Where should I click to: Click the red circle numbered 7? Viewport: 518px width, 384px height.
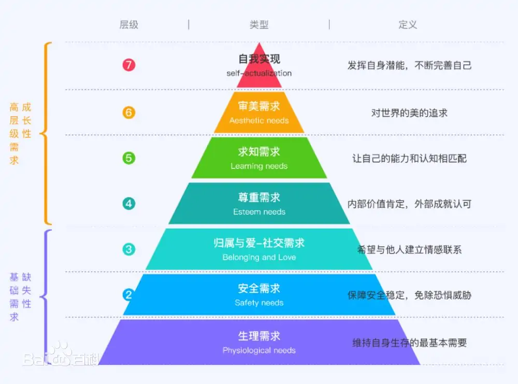(129, 65)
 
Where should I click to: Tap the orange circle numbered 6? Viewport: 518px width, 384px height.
(129, 112)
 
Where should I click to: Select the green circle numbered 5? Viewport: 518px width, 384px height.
(129, 158)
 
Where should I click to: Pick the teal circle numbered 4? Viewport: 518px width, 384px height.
(129, 204)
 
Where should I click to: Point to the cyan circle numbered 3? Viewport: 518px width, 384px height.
(129, 249)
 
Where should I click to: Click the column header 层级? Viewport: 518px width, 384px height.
(129, 24)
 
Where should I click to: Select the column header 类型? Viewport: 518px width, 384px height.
(259, 24)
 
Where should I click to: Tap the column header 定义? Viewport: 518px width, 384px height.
(408, 24)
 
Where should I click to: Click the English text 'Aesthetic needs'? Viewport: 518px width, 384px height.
(259, 121)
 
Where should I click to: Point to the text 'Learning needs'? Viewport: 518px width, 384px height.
(259, 166)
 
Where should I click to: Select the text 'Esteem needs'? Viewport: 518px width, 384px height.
(260, 212)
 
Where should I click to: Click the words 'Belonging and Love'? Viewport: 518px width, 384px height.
(260, 258)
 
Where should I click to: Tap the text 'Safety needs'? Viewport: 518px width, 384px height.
(260, 303)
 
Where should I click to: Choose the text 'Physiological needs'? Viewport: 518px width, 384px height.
(260, 350)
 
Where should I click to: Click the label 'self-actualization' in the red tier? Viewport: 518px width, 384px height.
(260, 74)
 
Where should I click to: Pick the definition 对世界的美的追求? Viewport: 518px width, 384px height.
(409, 113)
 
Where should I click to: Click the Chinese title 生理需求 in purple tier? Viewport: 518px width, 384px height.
(260, 336)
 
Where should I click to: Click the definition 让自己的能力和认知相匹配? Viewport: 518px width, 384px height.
(409, 159)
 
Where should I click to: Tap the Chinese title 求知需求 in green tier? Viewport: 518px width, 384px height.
(260, 152)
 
